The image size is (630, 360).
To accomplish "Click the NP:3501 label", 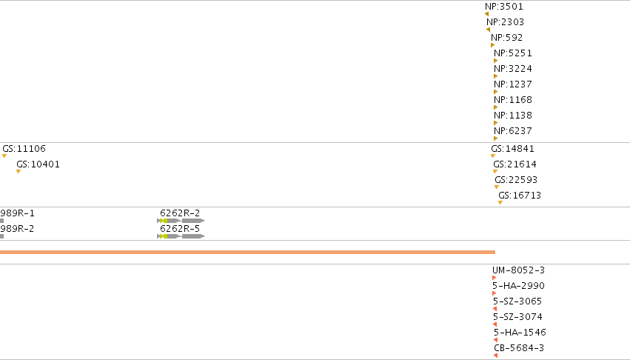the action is (504, 7).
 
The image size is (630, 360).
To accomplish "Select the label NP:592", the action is (506, 38).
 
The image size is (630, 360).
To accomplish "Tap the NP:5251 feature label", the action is (513, 53).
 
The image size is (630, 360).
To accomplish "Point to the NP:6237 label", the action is (513, 130).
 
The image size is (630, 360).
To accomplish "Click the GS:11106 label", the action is (24, 148).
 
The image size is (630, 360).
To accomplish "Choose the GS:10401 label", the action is (38, 164).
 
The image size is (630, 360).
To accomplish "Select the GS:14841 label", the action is (513, 148).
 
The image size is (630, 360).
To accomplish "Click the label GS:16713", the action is (520, 195).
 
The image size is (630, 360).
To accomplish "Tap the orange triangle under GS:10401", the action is (18, 171).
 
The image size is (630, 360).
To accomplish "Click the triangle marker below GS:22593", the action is (497, 187).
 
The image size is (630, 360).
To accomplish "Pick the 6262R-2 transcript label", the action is (180, 213).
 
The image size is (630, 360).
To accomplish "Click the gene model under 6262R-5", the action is (181, 236).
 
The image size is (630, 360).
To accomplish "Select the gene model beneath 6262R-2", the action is (181, 221).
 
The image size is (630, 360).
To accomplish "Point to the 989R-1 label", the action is (17, 213).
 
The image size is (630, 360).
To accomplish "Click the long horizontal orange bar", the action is (247, 252).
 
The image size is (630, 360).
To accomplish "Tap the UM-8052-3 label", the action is (518, 270).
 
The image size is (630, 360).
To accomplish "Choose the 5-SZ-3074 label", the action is (517, 316).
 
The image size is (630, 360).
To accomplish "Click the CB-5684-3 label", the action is (519, 347).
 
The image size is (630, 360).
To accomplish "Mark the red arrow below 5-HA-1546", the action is (495, 340).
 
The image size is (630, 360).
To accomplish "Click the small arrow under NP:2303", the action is (488, 30).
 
